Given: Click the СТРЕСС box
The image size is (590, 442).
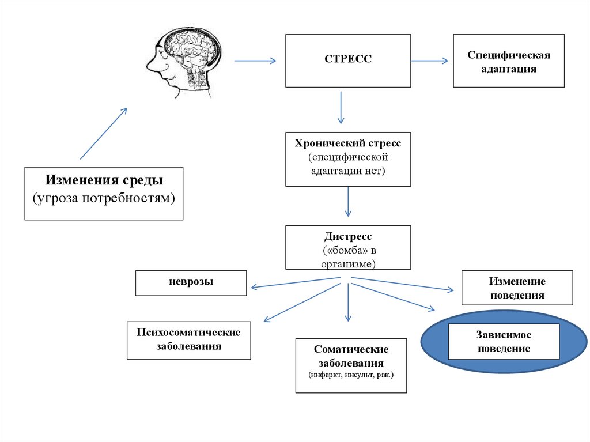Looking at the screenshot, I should pyautogui.click(x=348, y=60).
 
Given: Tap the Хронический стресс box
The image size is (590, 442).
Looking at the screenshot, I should pyautogui.click(x=348, y=159).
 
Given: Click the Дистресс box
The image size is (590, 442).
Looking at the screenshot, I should pyautogui.click(x=348, y=247).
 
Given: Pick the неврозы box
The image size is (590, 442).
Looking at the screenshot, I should pyautogui.click(x=191, y=282).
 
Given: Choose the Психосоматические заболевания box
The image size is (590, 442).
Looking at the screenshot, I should pyautogui.click(x=188, y=340).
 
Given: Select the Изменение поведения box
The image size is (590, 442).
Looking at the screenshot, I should pyautogui.click(x=517, y=288).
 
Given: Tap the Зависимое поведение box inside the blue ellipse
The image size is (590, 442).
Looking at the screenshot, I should pyautogui.click(x=504, y=342).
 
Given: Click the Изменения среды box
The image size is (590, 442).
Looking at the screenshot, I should pyautogui.click(x=104, y=193).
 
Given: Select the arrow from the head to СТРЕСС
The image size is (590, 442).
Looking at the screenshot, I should pyautogui.click(x=256, y=60).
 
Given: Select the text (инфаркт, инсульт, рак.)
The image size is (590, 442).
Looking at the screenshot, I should pyautogui.click(x=351, y=375).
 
